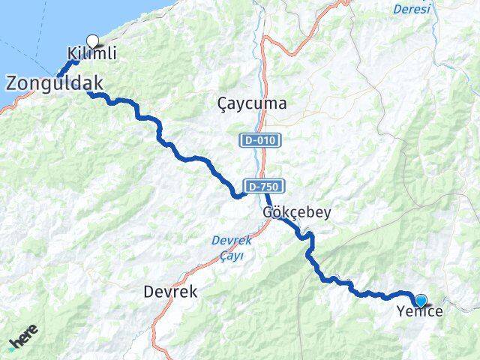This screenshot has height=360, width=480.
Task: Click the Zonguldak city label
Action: click(55, 83)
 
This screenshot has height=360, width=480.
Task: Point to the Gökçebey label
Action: click(296, 213)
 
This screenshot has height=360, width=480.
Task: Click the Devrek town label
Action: click(170, 292)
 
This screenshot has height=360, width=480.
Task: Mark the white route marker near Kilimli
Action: click(93, 42)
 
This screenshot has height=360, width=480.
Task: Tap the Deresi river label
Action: click(412, 9)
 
